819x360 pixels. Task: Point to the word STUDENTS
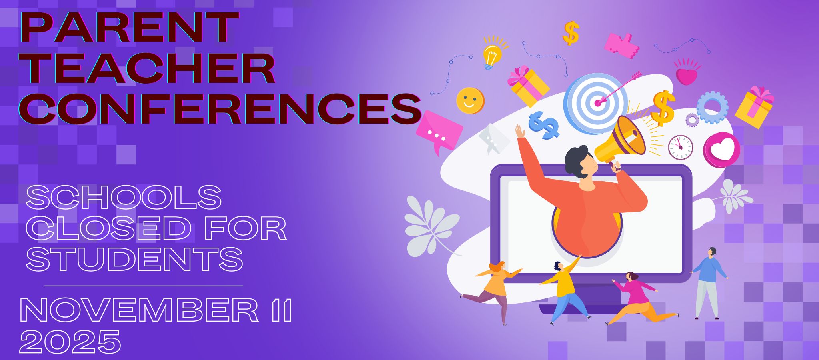click(x=135, y=259)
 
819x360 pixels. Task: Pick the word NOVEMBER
click(x=139, y=310)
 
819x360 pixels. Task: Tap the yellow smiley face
click(x=470, y=100)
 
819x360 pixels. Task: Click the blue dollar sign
click(x=543, y=125)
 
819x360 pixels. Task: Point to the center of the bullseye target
click(x=598, y=103)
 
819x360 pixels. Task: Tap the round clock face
click(x=681, y=148)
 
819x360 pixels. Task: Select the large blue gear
click(x=712, y=107)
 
